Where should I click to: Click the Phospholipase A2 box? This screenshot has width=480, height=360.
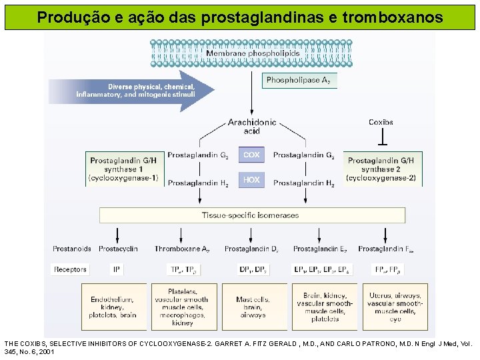[x=299, y=80]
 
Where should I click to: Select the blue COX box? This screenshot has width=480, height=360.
[x=251, y=155]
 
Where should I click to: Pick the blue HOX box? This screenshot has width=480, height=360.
[x=251, y=180]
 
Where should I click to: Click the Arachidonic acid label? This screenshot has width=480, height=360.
[x=251, y=126]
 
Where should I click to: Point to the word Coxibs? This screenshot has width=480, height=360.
[x=381, y=122]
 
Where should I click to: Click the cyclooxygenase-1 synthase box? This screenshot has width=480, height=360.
[x=123, y=169]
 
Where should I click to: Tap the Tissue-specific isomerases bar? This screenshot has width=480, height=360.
[x=252, y=215]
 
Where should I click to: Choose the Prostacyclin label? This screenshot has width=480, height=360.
[x=118, y=249]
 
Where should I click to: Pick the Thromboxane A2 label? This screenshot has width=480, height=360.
[x=183, y=249]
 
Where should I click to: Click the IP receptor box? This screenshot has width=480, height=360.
[x=117, y=269]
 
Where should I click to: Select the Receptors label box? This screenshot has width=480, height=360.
[x=70, y=269]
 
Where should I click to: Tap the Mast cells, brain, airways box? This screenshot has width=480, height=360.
[x=253, y=307]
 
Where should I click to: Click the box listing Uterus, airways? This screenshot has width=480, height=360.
[x=395, y=307]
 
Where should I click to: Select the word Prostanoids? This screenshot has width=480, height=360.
[x=71, y=249]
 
